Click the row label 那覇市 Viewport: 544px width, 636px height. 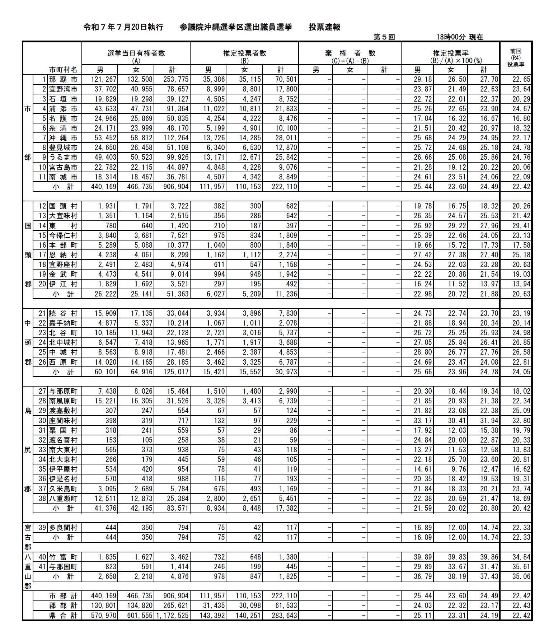click(x=63, y=79)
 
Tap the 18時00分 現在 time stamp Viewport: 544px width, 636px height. click(x=460, y=37)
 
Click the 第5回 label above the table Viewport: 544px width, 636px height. click(x=384, y=37)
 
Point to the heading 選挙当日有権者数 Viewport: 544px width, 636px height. click(x=136, y=53)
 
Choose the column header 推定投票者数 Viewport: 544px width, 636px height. click(x=244, y=53)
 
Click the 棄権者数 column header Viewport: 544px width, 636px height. click(x=350, y=53)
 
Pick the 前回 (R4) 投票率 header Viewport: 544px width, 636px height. click(x=516, y=58)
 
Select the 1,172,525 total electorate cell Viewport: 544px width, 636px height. click(x=173, y=615)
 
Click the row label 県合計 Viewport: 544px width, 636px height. click(x=63, y=615)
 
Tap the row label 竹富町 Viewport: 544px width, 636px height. click(x=63, y=557)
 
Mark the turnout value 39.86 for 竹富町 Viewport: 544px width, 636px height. click(x=489, y=557)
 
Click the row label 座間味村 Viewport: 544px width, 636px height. click(x=63, y=420)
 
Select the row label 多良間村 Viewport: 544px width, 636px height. click(x=63, y=528)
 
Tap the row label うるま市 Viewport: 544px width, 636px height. click(x=63, y=157)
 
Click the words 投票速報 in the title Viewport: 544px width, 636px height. click(x=324, y=27)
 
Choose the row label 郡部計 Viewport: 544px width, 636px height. click(x=63, y=605)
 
